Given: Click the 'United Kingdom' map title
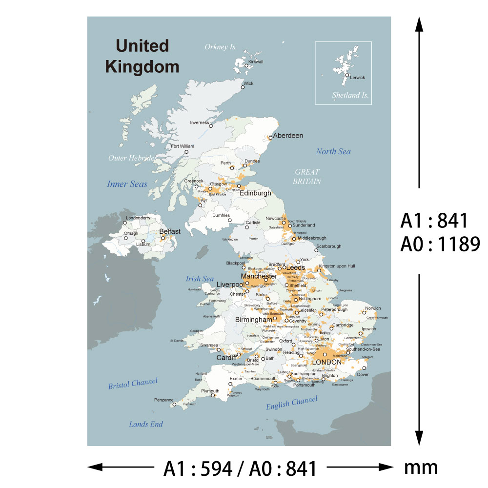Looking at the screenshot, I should click(142, 56).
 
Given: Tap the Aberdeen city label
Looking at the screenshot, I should click(288, 135).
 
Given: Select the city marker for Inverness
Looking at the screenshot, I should click(211, 126).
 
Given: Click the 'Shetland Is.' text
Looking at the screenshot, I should click(350, 96).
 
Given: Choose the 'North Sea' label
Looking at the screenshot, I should click(333, 151).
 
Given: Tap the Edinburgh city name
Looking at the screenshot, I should click(255, 193).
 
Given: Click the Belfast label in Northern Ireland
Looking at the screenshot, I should click(170, 231).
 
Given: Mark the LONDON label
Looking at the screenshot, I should click(326, 362).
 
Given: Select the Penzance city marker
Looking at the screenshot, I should click(173, 405).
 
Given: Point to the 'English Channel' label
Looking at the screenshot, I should click(291, 403).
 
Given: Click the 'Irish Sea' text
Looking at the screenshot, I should click(200, 279).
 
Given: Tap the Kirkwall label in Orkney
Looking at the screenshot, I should click(256, 62).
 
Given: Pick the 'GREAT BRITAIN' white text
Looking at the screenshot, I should click(307, 176).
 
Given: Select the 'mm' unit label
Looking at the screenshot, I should click(421, 468).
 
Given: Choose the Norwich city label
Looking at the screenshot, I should click(373, 308).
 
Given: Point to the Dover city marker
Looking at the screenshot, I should click(364, 368).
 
